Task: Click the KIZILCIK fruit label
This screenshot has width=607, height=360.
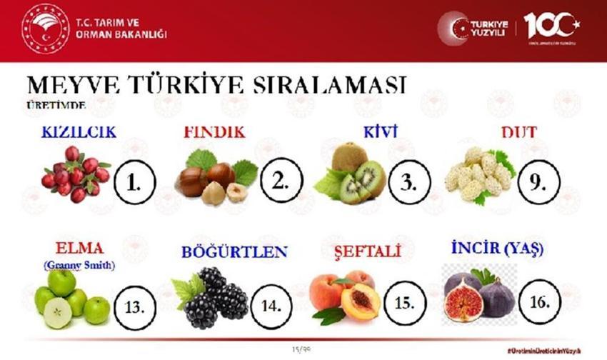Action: coord(79,133)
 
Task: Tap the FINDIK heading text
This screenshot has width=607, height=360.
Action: coord(214,133)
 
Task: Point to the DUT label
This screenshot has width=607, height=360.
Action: coord(519,132)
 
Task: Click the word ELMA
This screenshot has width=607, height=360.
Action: coord(79,249)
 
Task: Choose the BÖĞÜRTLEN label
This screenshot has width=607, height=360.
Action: coord(234,252)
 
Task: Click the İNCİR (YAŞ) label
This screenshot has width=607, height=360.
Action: coord(498,249)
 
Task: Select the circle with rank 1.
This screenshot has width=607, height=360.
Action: coord(135,180)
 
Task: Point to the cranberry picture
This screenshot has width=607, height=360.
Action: coord(75,174)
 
